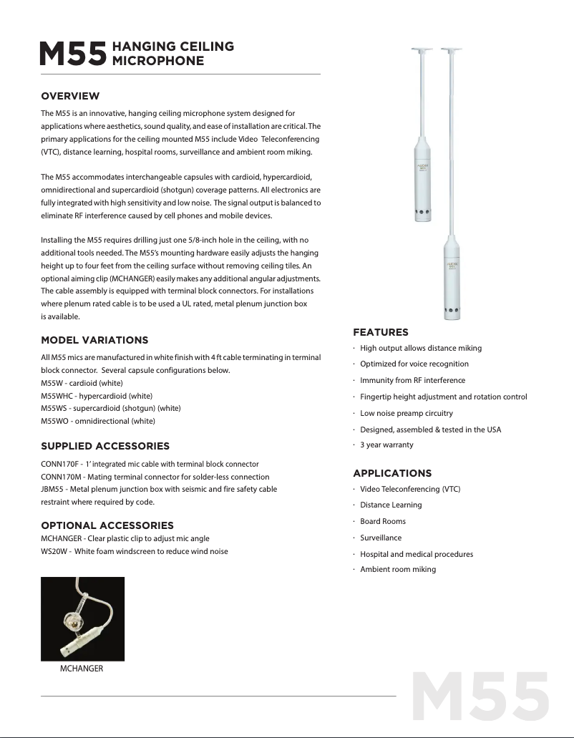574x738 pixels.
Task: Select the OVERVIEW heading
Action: tap(70, 96)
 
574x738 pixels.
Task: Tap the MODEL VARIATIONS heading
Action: tap(94, 340)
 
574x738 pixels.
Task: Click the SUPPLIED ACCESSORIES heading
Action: tap(105, 447)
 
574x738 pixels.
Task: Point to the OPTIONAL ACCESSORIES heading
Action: tap(107, 525)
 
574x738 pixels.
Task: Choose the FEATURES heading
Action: tap(381, 332)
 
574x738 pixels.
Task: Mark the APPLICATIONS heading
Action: tap(392, 473)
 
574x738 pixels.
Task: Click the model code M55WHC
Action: tap(56, 396)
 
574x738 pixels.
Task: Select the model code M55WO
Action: tap(54, 421)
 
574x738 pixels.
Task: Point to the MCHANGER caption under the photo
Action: tap(82, 669)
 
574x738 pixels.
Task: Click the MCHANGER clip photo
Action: tap(82, 619)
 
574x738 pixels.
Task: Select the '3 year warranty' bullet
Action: tap(386, 445)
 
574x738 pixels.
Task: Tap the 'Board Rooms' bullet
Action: tap(383, 521)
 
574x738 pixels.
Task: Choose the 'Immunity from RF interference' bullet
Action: tap(412, 380)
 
